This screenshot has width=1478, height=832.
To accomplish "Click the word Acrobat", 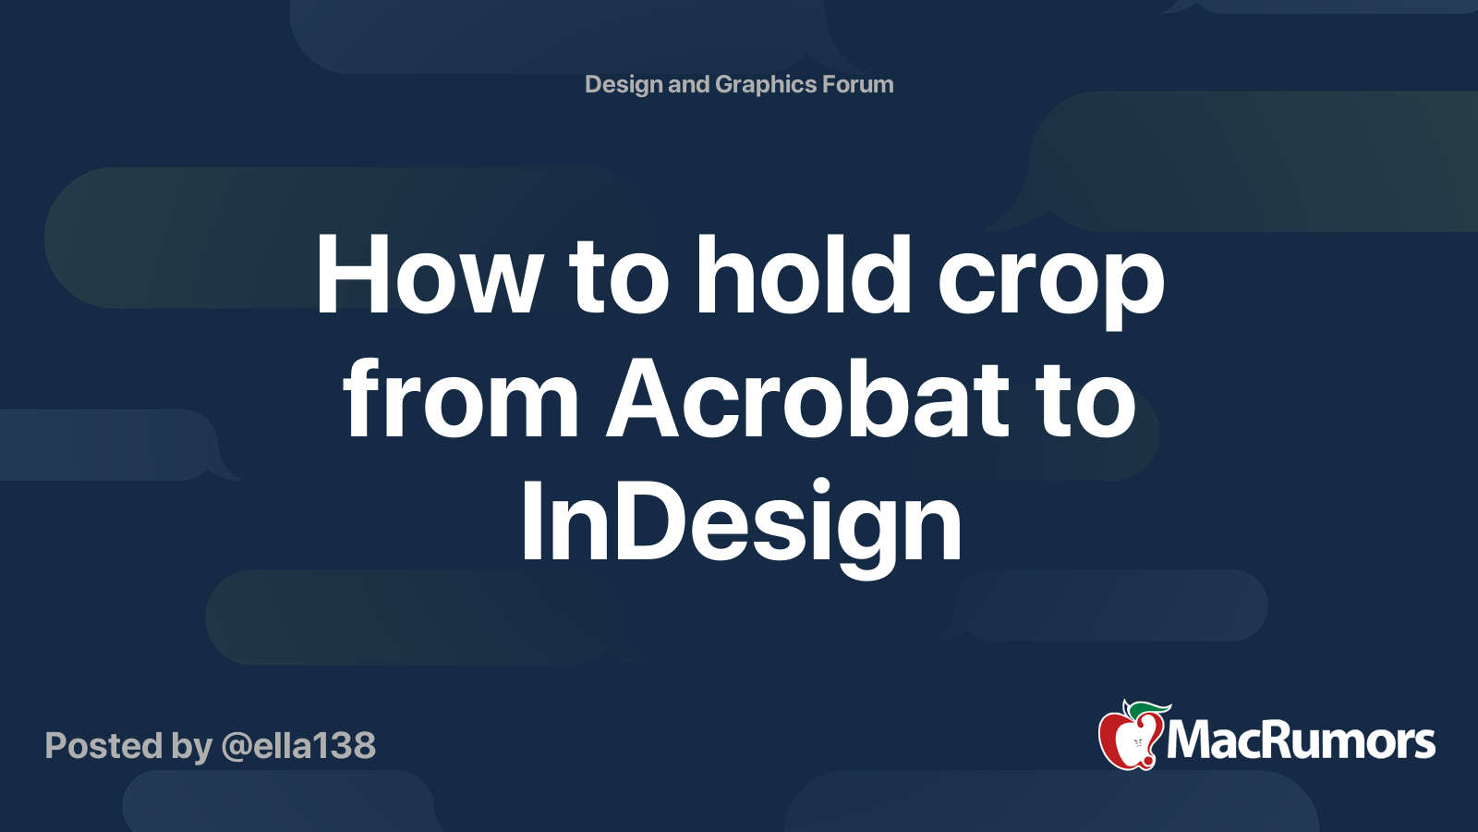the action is tap(807, 397).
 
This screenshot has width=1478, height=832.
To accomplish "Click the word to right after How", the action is tap(619, 278).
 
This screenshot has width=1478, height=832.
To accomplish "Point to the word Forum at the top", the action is tap(858, 84).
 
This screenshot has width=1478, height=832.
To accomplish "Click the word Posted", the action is tap(103, 745).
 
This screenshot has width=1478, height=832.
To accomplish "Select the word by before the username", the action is tap(191, 748).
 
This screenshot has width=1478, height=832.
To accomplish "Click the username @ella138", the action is tap(298, 747).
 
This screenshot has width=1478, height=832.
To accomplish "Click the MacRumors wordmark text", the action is tap(1300, 740).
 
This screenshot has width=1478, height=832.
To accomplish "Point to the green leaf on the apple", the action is tap(1148, 713).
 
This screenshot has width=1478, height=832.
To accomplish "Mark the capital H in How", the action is tap(351, 274).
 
